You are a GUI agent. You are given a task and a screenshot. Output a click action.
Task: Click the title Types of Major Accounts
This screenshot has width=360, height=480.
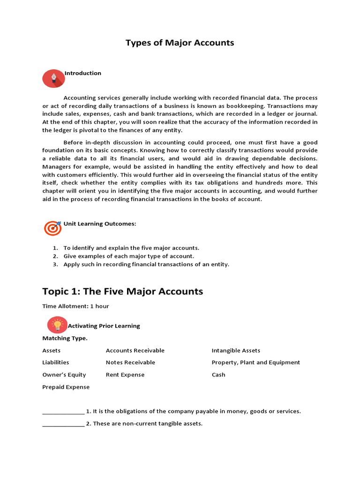[x=180, y=43]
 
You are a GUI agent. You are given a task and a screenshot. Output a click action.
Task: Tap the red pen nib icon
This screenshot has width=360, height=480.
[x=53, y=78]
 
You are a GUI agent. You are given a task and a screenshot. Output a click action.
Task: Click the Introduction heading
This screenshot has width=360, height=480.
[x=83, y=73]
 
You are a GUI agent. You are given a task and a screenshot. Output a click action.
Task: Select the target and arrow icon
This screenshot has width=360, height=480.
[x=53, y=228]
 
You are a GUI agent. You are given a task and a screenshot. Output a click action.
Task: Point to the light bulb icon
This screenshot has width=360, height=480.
[x=58, y=324]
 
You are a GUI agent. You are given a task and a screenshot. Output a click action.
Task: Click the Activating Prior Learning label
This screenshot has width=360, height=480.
[x=104, y=326]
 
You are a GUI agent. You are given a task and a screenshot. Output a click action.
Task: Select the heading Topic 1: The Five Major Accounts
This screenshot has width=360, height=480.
[x=122, y=291]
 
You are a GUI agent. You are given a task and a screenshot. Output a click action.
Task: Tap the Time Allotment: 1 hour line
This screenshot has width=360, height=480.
[x=75, y=306]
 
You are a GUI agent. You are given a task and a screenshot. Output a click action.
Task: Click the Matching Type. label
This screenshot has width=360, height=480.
[x=65, y=338]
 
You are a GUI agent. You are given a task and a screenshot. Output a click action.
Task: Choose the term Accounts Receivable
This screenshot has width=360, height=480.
[x=135, y=351]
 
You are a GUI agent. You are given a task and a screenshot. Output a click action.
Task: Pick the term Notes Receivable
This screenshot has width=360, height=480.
[x=130, y=362]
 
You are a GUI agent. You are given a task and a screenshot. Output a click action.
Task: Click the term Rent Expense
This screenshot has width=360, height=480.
[x=125, y=375]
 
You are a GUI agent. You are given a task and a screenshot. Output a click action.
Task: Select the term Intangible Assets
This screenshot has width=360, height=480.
[x=236, y=351]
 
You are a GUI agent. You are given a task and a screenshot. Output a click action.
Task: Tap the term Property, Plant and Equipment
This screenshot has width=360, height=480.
[x=255, y=362]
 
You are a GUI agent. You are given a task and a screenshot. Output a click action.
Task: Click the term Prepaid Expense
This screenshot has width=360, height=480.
[x=66, y=387]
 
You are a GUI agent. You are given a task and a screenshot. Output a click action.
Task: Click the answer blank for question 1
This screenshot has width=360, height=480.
[x=63, y=412]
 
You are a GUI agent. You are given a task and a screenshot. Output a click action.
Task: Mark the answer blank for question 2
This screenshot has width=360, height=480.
[x=63, y=425]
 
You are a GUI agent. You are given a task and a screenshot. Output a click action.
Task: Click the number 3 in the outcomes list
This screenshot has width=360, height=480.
[x=55, y=264]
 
